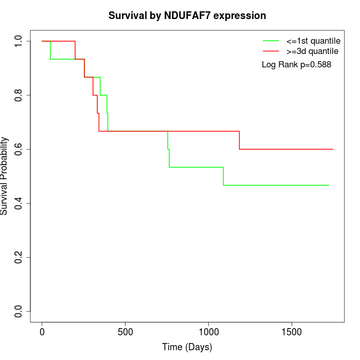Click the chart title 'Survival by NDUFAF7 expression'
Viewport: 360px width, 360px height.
pos(187,16)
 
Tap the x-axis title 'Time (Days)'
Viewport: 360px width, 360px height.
pos(187,347)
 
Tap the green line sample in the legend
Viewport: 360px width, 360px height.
pos(271,41)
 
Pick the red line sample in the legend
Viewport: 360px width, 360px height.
pos(271,51)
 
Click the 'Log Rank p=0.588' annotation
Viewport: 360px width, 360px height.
pos(296,65)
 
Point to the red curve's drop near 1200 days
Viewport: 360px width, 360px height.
pos(239,140)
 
